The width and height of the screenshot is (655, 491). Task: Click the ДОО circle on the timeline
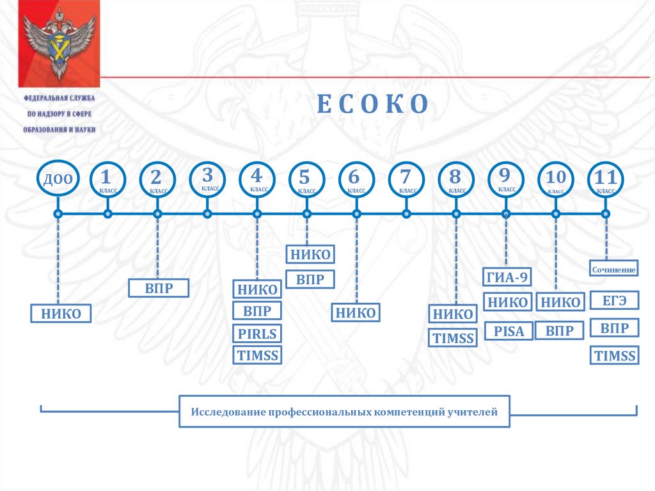coord(58,179)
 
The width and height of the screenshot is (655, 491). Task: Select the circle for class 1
coord(107,179)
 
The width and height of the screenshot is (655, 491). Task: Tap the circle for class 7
coord(406,179)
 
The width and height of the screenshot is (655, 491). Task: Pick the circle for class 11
coord(605,179)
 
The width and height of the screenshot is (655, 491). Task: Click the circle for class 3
coord(207,179)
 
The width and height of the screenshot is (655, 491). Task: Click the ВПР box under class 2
coord(159,288)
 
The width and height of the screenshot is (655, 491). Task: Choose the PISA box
coord(509,331)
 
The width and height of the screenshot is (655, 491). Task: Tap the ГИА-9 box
coord(507,277)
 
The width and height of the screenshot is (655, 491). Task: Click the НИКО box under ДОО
coord(61,314)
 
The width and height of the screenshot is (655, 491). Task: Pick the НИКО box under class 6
coord(356,312)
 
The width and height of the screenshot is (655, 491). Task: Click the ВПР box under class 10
coord(560,330)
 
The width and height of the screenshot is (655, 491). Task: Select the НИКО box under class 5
coord(310,255)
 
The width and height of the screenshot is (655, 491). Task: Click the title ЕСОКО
coord(372,104)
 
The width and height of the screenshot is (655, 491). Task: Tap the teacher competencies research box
coord(344,412)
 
